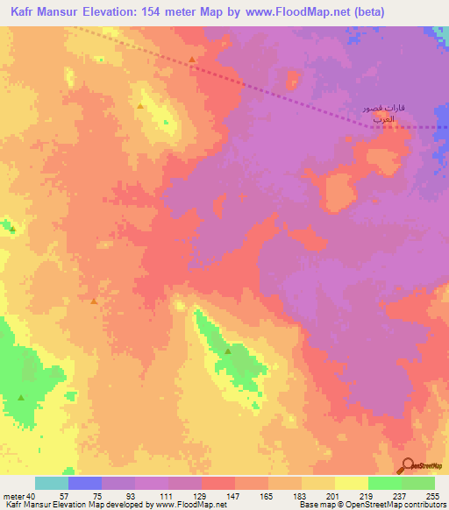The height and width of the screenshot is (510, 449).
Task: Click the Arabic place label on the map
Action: pos(386,112)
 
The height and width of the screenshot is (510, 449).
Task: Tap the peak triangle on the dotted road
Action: pos(192,60)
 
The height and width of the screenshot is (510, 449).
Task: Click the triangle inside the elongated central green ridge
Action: pos(228,351)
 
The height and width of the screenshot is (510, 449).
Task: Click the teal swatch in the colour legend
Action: pos(51,483)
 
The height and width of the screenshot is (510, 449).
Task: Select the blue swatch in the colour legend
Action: pos(84,483)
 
